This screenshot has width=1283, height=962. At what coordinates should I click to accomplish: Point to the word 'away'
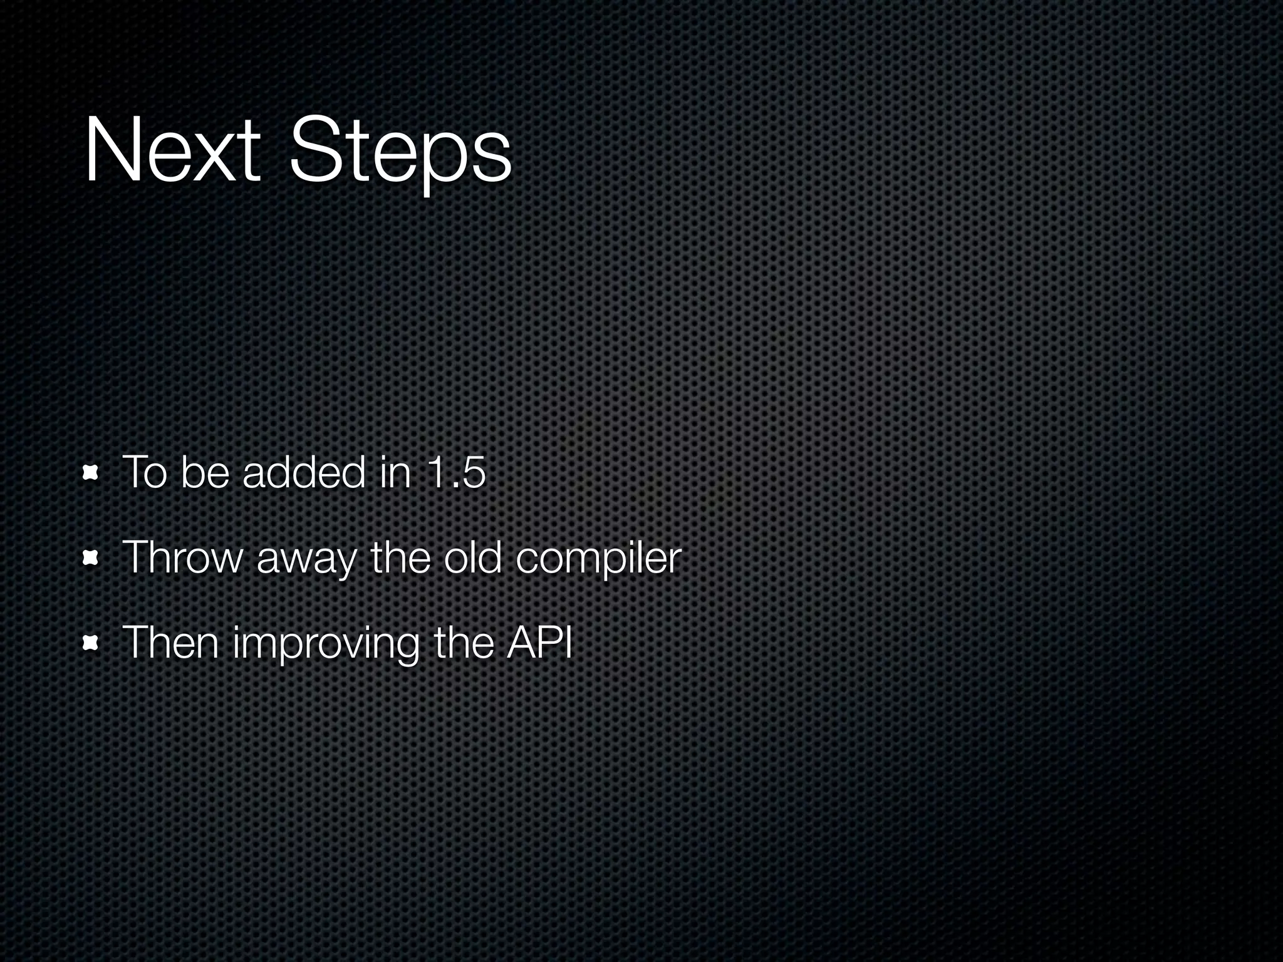[x=306, y=559]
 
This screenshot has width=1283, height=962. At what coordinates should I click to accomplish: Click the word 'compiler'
[x=599, y=559]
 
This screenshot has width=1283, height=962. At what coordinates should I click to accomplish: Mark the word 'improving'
[x=326, y=644]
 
